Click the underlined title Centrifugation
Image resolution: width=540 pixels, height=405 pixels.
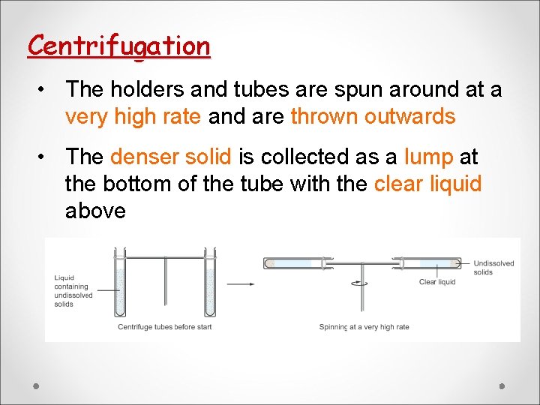pos(118,46)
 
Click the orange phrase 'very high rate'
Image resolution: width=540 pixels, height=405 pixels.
pos(133,117)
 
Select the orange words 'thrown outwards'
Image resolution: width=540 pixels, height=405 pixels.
pos(373,117)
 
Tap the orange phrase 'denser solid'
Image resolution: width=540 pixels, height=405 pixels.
pos(170,157)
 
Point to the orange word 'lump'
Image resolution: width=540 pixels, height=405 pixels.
pos(428,157)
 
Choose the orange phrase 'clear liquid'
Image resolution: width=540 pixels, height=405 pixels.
pos(427,184)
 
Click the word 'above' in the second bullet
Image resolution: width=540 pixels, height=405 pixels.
pos(95,211)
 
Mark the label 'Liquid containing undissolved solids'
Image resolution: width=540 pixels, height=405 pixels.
pos(73,291)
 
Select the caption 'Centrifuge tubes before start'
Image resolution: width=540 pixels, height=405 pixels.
pos(164,327)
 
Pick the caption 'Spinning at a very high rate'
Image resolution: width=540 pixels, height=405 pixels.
pos(364,327)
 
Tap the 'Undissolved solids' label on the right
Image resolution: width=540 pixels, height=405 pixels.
pos(493,268)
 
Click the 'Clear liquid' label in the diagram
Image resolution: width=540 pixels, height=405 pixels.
pos(437,282)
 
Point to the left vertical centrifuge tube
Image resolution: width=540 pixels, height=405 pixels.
pos(118,283)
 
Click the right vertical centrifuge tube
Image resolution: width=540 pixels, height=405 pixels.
pos(210,283)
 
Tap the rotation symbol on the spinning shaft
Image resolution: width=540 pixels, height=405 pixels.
pos(363,283)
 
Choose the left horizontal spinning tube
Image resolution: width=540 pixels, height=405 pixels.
pos(293,263)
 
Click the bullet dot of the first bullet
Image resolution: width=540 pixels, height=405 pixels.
pos(46,90)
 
